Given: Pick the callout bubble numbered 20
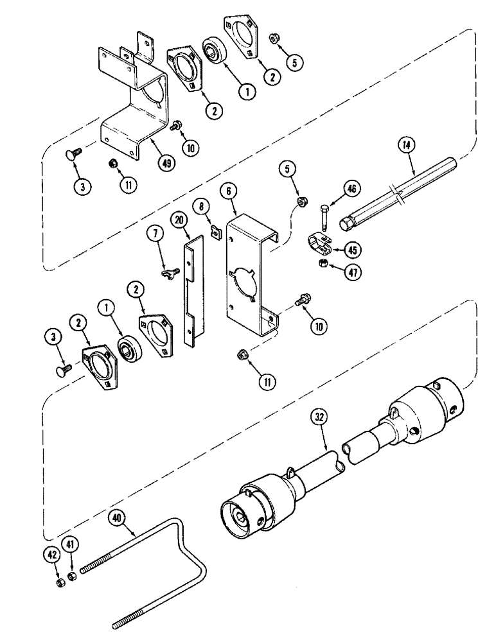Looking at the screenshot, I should [x=179, y=220].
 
